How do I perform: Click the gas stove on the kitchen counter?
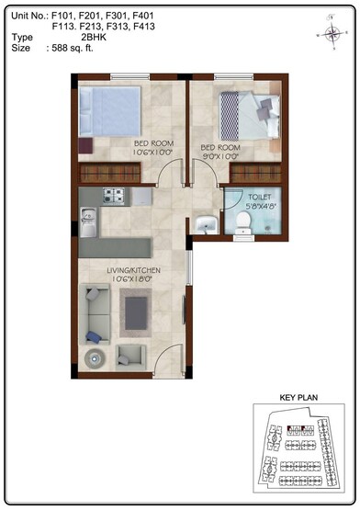[x=114, y=196]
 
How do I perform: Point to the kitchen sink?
[x=88, y=217]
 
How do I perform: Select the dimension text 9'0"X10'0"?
[x=220, y=155]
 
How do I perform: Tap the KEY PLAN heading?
[x=297, y=399]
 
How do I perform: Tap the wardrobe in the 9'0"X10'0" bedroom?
[x=254, y=172]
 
